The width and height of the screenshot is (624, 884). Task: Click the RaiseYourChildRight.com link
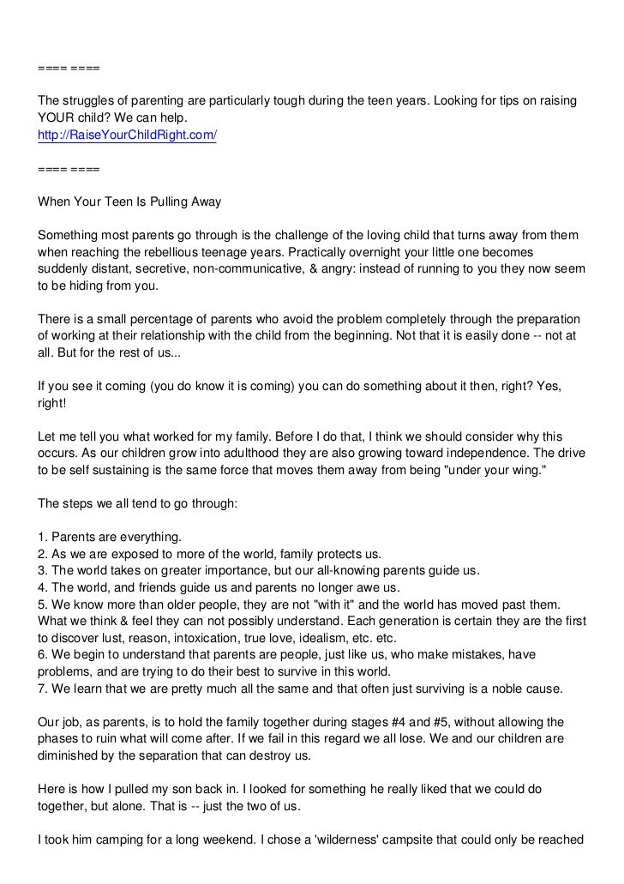coord(127,135)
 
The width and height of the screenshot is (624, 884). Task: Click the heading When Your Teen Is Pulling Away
coord(129,202)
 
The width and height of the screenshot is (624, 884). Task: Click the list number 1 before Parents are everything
coord(42,537)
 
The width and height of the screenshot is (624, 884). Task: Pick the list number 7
coord(42,688)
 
